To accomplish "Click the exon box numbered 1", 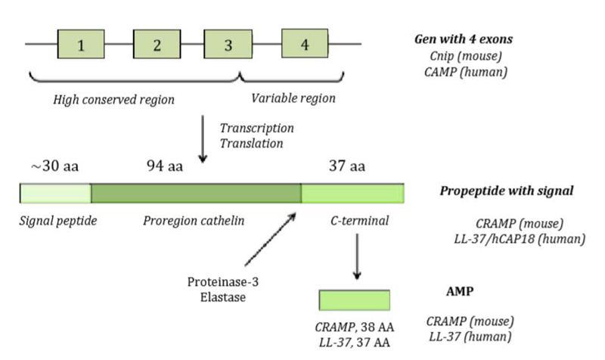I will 81,44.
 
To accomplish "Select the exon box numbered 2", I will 156,44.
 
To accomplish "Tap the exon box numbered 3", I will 228,44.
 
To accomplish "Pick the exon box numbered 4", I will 305,44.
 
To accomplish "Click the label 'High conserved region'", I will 114,99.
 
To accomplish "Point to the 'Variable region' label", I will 293,98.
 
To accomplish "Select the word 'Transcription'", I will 256,128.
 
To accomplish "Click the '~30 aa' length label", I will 51,166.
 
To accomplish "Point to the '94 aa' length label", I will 166,166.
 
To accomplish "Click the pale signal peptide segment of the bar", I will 55,193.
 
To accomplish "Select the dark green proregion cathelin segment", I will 196,193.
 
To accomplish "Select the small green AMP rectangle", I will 354,299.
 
